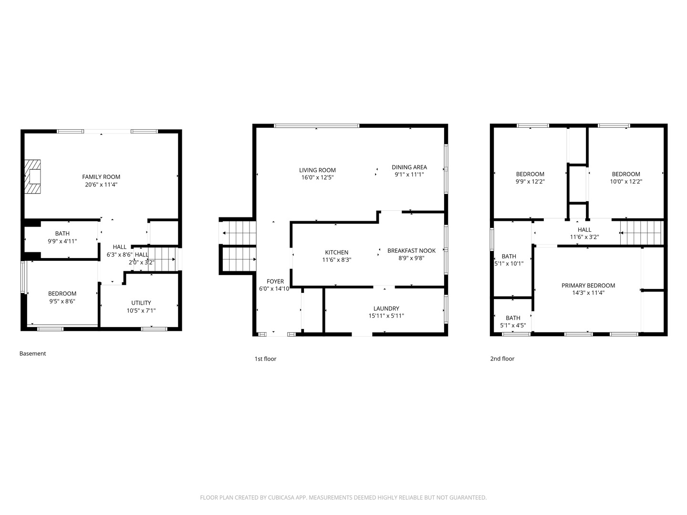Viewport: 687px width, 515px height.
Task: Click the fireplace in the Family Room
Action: [x=32, y=176]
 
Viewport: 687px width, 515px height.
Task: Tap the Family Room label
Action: [x=101, y=177]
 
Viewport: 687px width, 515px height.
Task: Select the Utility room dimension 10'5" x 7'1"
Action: [x=141, y=310]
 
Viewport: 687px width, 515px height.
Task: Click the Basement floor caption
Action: [x=32, y=353]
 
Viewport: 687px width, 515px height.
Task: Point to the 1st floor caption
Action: [x=265, y=359]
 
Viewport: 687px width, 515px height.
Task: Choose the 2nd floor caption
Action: [x=502, y=359]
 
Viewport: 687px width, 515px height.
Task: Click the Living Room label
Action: [x=317, y=170]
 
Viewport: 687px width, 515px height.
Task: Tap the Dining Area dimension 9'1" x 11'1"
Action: [x=409, y=175]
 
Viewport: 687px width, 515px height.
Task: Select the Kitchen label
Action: [x=337, y=252]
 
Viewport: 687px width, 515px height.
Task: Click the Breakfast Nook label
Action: [x=412, y=250]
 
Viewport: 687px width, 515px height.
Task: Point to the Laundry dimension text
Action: [x=386, y=316]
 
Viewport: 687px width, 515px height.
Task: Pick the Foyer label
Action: [x=275, y=281]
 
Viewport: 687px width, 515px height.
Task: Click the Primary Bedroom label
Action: [x=588, y=286]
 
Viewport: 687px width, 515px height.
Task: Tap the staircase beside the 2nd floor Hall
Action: [x=642, y=233]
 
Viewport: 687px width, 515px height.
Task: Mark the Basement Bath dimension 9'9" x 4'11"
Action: [x=62, y=241]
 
